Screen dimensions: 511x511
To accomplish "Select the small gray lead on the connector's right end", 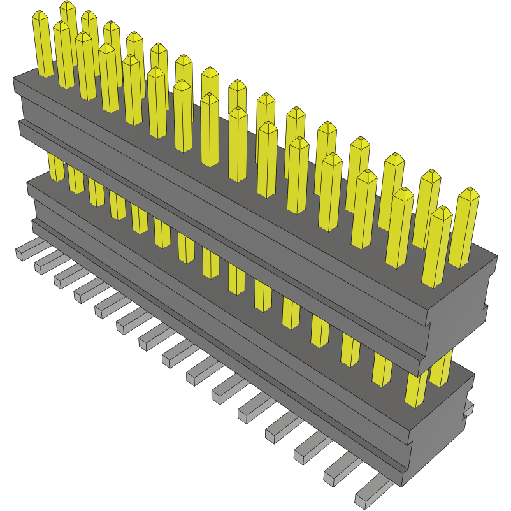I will (470, 408).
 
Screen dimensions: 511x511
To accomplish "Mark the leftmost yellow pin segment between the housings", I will (56, 168).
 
